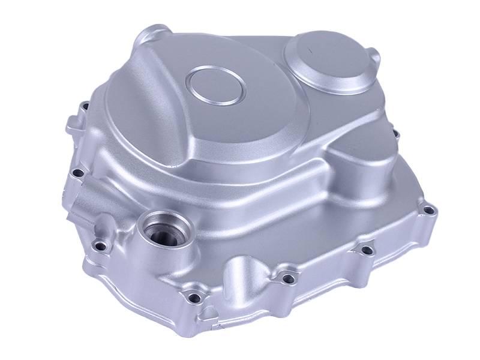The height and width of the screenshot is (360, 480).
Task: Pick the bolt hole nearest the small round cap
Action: [396, 133]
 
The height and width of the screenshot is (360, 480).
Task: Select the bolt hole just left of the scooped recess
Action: [193, 296]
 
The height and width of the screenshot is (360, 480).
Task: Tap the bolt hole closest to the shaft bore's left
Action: [102, 246]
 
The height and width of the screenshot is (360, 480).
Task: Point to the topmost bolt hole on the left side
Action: [85, 107]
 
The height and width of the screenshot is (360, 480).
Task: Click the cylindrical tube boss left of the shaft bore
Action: [90, 204]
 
